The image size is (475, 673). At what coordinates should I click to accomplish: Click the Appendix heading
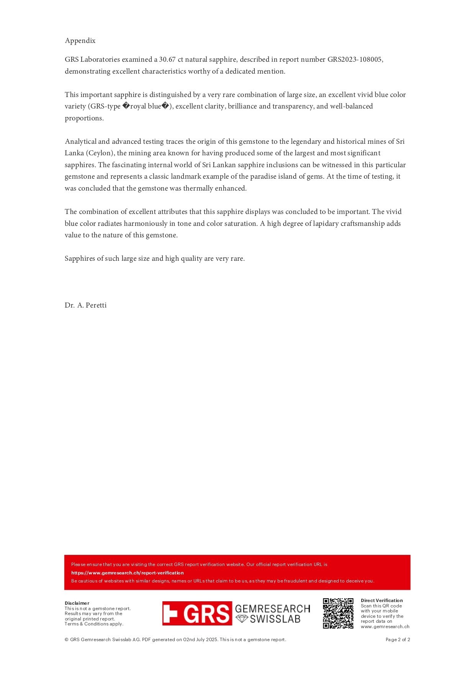click(x=80, y=41)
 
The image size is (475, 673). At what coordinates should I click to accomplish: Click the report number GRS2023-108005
click(x=355, y=59)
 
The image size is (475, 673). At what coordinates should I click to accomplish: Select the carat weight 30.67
click(x=167, y=59)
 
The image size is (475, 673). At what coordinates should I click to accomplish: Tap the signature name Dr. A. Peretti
click(x=85, y=305)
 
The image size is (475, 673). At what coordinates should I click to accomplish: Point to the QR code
click(x=338, y=613)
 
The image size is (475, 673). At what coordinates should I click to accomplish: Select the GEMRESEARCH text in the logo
click(x=272, y=609)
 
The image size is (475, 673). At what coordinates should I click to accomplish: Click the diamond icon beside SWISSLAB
click(x=242, y=619)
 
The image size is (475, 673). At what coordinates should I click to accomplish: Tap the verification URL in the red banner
click(x=127, y=573)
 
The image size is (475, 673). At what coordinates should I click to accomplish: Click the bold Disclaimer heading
click(x=77, y=603)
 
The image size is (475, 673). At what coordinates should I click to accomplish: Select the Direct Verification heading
click(x=382, y=601)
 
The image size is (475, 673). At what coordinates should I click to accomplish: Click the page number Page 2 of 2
click(x=398, y=640)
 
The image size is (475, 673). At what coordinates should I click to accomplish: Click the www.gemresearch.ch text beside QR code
click(x=385, y=627)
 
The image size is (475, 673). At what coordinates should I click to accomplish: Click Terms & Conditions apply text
click(x=94, y=624)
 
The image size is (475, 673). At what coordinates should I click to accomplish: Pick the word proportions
click(x=84, y=118)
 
